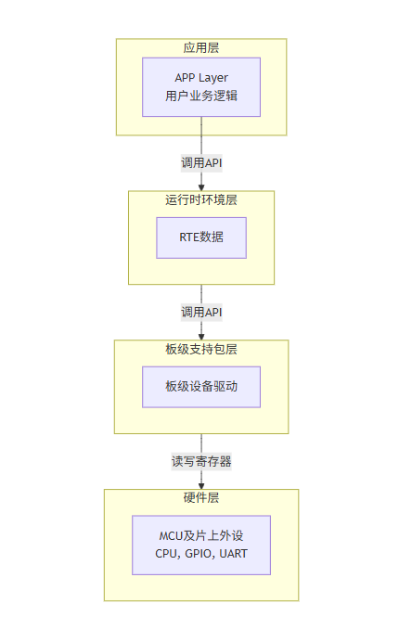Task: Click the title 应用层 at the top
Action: click(201, 48)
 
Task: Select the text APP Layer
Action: click(201, 77)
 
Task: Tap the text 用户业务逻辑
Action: click(201, 96)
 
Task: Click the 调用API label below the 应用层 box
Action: click(201, 162)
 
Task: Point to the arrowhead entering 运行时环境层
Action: click(201, 186)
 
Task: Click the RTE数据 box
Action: click(201, 237)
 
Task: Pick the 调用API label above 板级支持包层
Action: click(201, 312)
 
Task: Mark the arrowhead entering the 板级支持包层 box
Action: click(201, 335)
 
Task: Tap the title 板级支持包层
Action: click(201, 349)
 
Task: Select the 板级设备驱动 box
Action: click(201, 386)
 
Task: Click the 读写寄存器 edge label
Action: click(201, 460)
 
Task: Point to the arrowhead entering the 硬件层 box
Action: click(201, 484)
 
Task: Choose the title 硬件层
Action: click(201, 498)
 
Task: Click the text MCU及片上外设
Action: click(201, 535)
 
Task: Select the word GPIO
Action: click(196, 554)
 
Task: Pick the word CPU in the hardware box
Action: click(166, 554)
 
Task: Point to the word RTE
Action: click(190, 237)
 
